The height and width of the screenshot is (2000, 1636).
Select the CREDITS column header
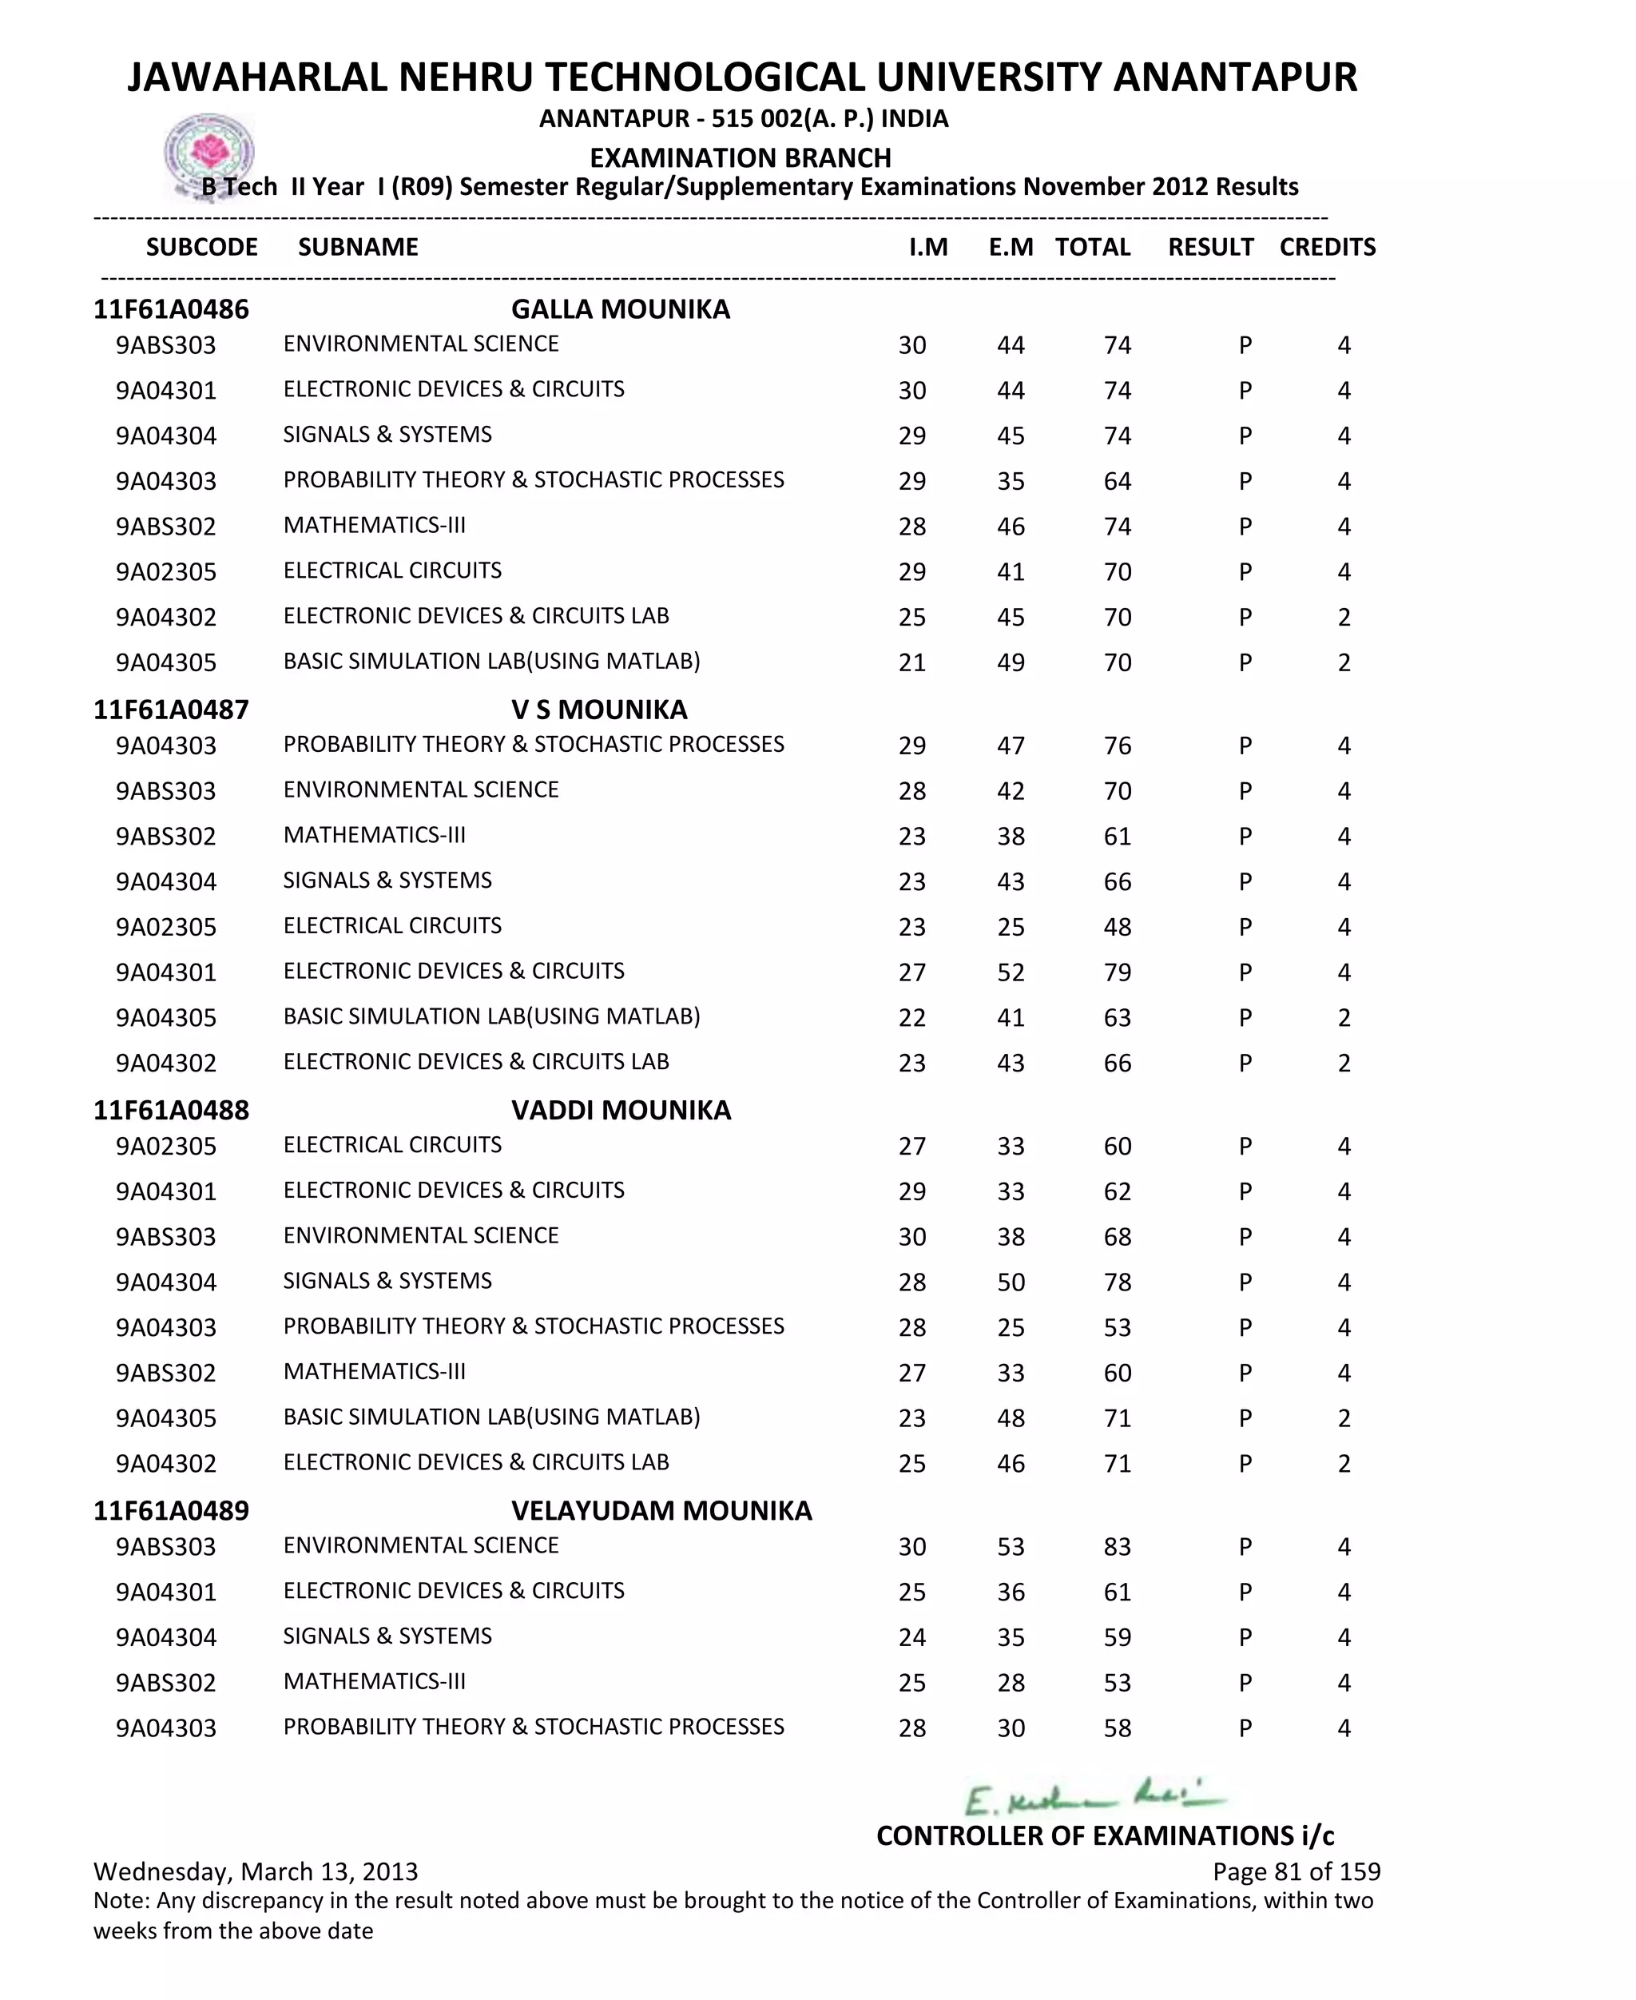[x=1327, y=247]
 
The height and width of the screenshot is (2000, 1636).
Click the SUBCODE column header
[x=201, y=247]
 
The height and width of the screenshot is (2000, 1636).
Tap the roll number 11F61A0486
[x=171, y=309]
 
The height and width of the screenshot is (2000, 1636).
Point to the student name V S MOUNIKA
[x=598, y=710]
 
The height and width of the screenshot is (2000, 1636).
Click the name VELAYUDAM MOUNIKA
[x=661, y=1511]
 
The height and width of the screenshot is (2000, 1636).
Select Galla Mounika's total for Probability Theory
[x=1117, y=482]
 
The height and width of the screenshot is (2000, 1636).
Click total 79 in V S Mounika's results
[x=1117, y=972]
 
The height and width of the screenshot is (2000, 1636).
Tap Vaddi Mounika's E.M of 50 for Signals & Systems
[x=1011, y=1282]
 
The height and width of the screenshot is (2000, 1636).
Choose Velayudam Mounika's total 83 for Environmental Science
[x=1117, y=1548]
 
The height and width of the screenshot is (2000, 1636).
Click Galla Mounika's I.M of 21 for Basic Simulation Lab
[x=911, y=662]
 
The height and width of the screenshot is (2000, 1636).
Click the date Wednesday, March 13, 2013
[x=256, y=1872]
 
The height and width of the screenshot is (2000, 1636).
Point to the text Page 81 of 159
[x=1296, y=1872]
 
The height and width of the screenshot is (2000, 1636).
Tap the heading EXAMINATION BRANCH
[x=740, y=157]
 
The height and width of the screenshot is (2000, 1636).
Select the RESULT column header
[x=1210, y=247]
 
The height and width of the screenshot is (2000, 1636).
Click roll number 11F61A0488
[x=171, y=1111]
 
